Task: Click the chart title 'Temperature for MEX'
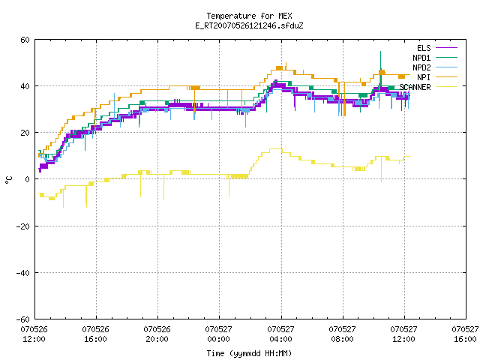click(x=249, y=16)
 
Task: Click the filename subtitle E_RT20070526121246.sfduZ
click(x=249, y=25)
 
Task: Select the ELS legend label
click(x=424, y=48)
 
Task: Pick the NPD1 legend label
click(x=421, y=58)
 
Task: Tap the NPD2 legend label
click(x=421, y=67)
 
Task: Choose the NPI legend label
click(x=424, y=77)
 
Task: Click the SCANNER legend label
click(x=415, y=87)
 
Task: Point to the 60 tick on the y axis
click(x=25, y=40)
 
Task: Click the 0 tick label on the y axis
click(x=28, y=179)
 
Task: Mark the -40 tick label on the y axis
click(x=23, y=272)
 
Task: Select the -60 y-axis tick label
click(x=23, y=319)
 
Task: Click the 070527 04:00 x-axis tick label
click(x=280, y=334)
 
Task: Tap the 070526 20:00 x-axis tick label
click(x=157, y=334)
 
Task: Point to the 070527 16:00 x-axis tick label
click(x=465, y=334)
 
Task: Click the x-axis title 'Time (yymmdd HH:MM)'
click(x=249, y=353)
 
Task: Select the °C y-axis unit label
click(x=8, y=180)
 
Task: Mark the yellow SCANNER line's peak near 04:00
click(x=275, y=148)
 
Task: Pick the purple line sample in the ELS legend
click(x=446, y=48)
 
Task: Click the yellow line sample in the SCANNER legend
click(x=446, y=87)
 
